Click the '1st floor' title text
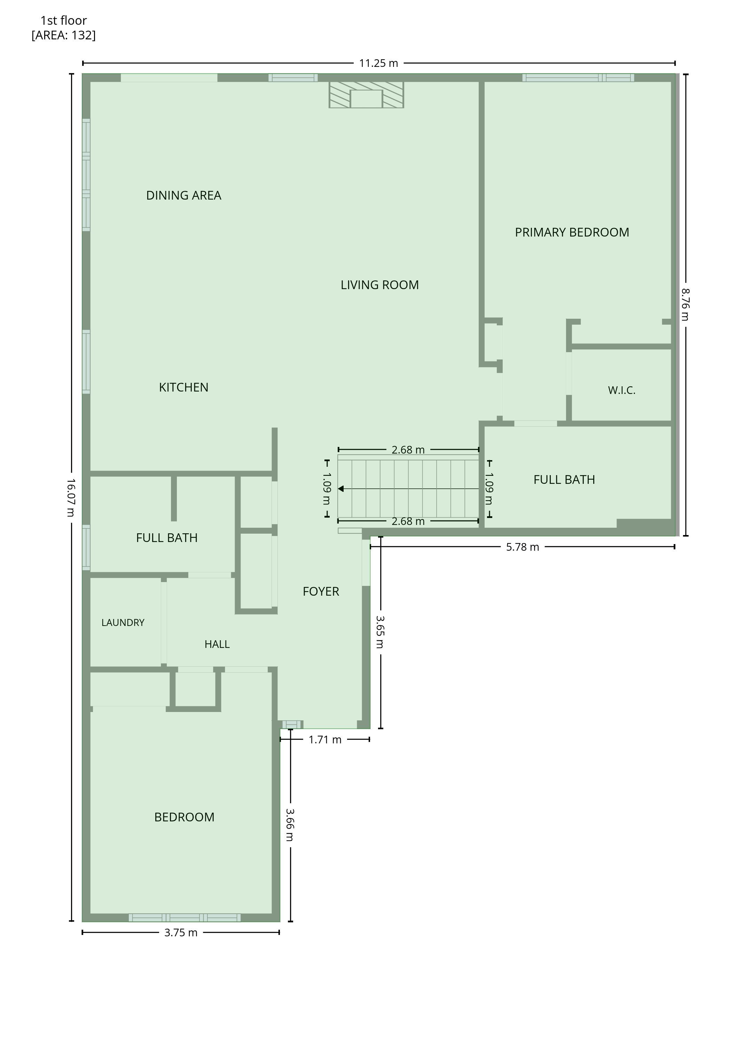click(64, 21)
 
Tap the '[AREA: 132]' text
click(64, 35)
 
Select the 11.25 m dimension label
click(378, 63)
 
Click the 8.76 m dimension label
click(685, 304)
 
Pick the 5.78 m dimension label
click(523, 547)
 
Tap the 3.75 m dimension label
click(181, 932)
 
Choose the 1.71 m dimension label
click(325, 740)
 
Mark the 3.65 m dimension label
click(380, 632)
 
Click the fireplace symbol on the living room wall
click(366, 95)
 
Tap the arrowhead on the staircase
click(341, 489)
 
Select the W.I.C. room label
click(622, 390)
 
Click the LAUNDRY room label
click(123, 622)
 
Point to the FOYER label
click(321, 591)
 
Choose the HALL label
click(217, 644)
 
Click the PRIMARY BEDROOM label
click(572, 232)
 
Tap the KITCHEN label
click(183, 387)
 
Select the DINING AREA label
click(183, 195)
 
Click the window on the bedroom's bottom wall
click(185, 918)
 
